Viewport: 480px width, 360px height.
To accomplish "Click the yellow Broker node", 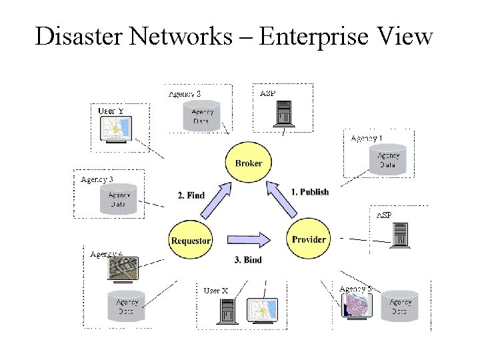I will click(x=249, y=163).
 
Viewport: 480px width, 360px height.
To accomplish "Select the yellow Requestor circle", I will click(x=191, y=240).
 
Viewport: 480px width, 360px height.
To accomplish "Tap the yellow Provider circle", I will click(x=309, y=239).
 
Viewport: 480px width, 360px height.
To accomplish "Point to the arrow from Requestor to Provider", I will click(x=249, y=239).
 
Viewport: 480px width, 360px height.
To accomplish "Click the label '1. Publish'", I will click(x=310, y=192).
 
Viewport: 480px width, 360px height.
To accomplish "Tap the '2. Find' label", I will click(x=191, y=195).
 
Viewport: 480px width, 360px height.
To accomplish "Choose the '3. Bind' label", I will click(x=248, y=259).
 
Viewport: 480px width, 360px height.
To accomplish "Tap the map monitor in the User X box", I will click(x=262, y=311).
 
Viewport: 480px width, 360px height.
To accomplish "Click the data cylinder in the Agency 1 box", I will click(x=388, y=160).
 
